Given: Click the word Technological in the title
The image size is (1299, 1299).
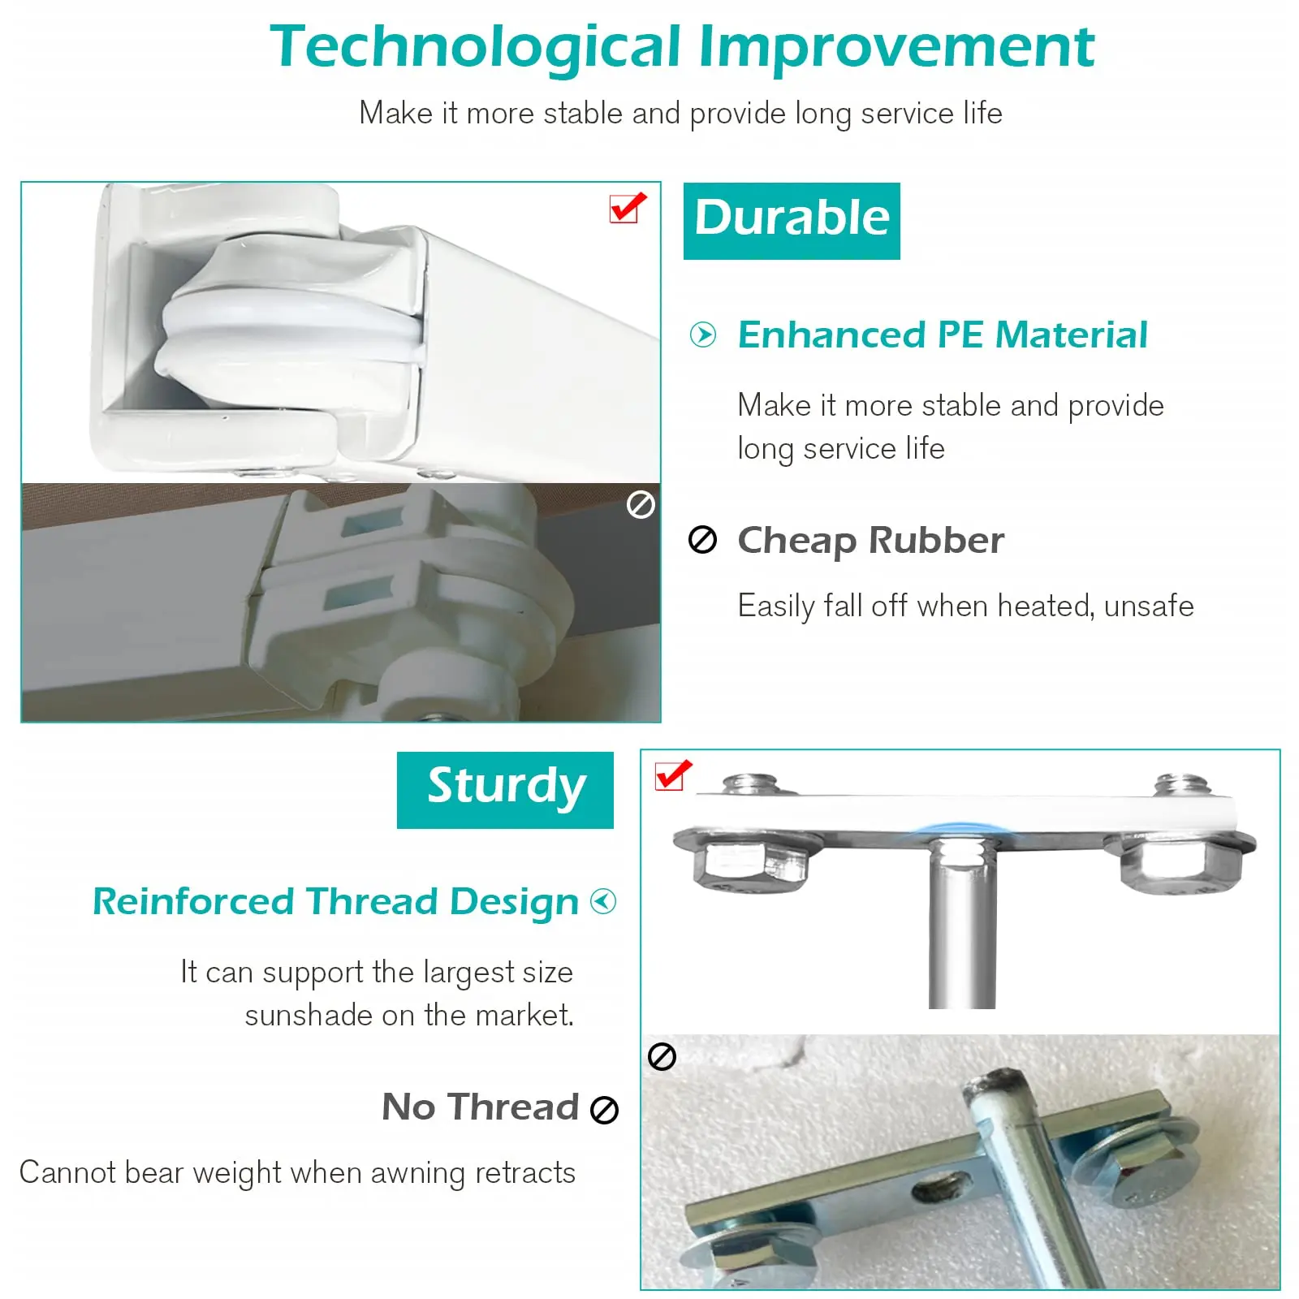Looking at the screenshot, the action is point(475,47).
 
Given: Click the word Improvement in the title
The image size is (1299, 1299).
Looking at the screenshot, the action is point(896,47).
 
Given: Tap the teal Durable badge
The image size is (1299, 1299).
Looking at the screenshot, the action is point(792,221).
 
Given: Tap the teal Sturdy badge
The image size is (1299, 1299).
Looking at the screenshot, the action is point(505,790).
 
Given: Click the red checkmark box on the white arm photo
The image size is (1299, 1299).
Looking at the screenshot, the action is point(628,208).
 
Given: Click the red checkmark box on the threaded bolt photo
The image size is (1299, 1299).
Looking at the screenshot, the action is point(673,775).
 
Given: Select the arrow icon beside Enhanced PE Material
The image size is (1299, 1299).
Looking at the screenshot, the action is point(702,334).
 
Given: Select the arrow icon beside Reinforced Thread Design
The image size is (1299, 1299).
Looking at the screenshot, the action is point(603,901).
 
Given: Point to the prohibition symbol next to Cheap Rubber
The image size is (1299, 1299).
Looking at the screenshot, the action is point(702,540).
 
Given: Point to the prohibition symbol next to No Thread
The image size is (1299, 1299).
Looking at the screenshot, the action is point(604,1110).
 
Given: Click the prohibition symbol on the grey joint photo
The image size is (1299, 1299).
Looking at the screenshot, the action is point(641,505).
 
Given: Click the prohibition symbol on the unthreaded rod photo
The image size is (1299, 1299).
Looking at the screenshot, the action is point(662,1057).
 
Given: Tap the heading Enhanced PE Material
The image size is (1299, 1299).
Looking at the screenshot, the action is point(943,334).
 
